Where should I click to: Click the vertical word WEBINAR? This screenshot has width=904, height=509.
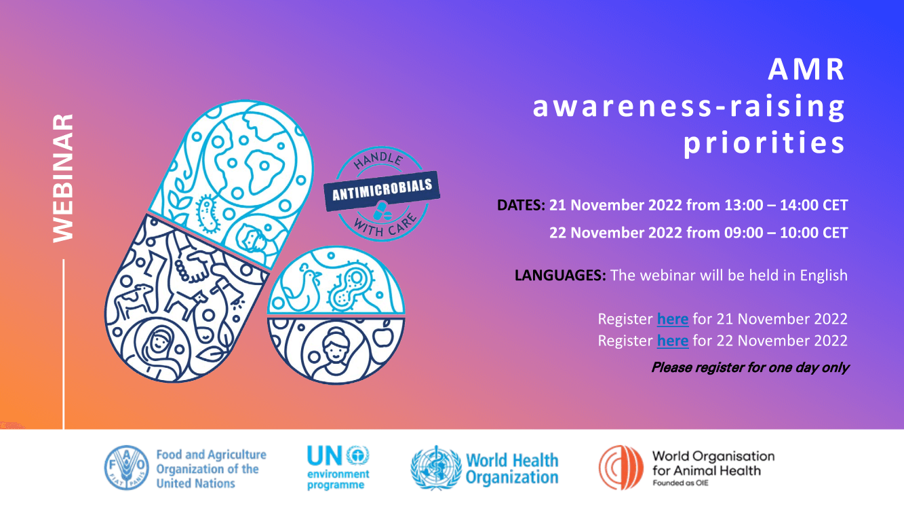(x=63, y=178)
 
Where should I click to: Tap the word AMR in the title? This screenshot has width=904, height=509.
(x=806, y=69)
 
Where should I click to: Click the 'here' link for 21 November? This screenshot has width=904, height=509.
(x=673, y=319)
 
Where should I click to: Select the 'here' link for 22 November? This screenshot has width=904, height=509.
(x=673, y=341)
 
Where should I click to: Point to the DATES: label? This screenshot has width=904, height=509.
(x=521, y=205)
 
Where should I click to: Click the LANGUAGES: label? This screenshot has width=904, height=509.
(x=560, y=275)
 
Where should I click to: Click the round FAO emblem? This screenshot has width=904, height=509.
(x=127, y=468)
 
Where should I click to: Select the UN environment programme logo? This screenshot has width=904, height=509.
(x=338, y=468)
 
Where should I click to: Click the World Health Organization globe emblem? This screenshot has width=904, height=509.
(x=436, y=468)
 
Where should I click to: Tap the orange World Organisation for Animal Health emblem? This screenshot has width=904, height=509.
(x=621, y=468)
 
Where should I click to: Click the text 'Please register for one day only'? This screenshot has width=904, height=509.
(x=750, y=368)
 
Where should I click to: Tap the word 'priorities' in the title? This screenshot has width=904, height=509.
(x=764, y=143)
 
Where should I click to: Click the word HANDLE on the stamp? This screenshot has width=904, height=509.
(x=378, y=159)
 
